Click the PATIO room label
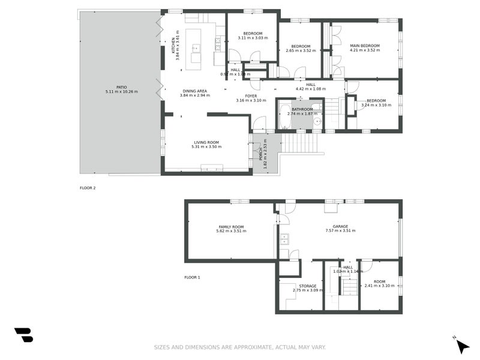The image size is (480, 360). pos(122,86)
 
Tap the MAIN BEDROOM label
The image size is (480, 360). pos(365,46)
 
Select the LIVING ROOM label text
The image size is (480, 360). pos(206,142)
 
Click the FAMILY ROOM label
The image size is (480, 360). pos(231,226)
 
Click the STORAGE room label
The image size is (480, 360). pos(308,286)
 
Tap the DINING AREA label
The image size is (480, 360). pos(194,91)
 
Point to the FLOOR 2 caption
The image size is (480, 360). pos(88,188)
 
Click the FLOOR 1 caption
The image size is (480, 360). pos(192,277)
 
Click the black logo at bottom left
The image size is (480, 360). pos(23,335)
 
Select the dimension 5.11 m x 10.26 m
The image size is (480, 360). pos(122,91)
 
